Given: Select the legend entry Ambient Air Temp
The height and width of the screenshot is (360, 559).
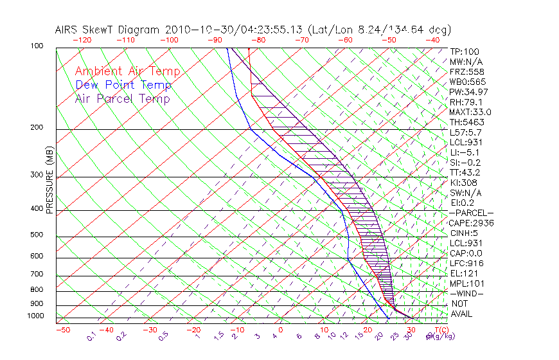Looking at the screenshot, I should [x=127, y=71].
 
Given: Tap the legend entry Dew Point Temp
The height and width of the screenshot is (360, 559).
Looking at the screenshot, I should [x=123, y=85].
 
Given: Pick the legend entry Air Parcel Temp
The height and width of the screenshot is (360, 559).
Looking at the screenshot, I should [x=122, y=98].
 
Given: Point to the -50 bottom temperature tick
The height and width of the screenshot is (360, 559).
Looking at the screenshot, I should [x=62, y=330].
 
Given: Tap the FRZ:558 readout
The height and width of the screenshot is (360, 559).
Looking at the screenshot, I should [x=465, y=71].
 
